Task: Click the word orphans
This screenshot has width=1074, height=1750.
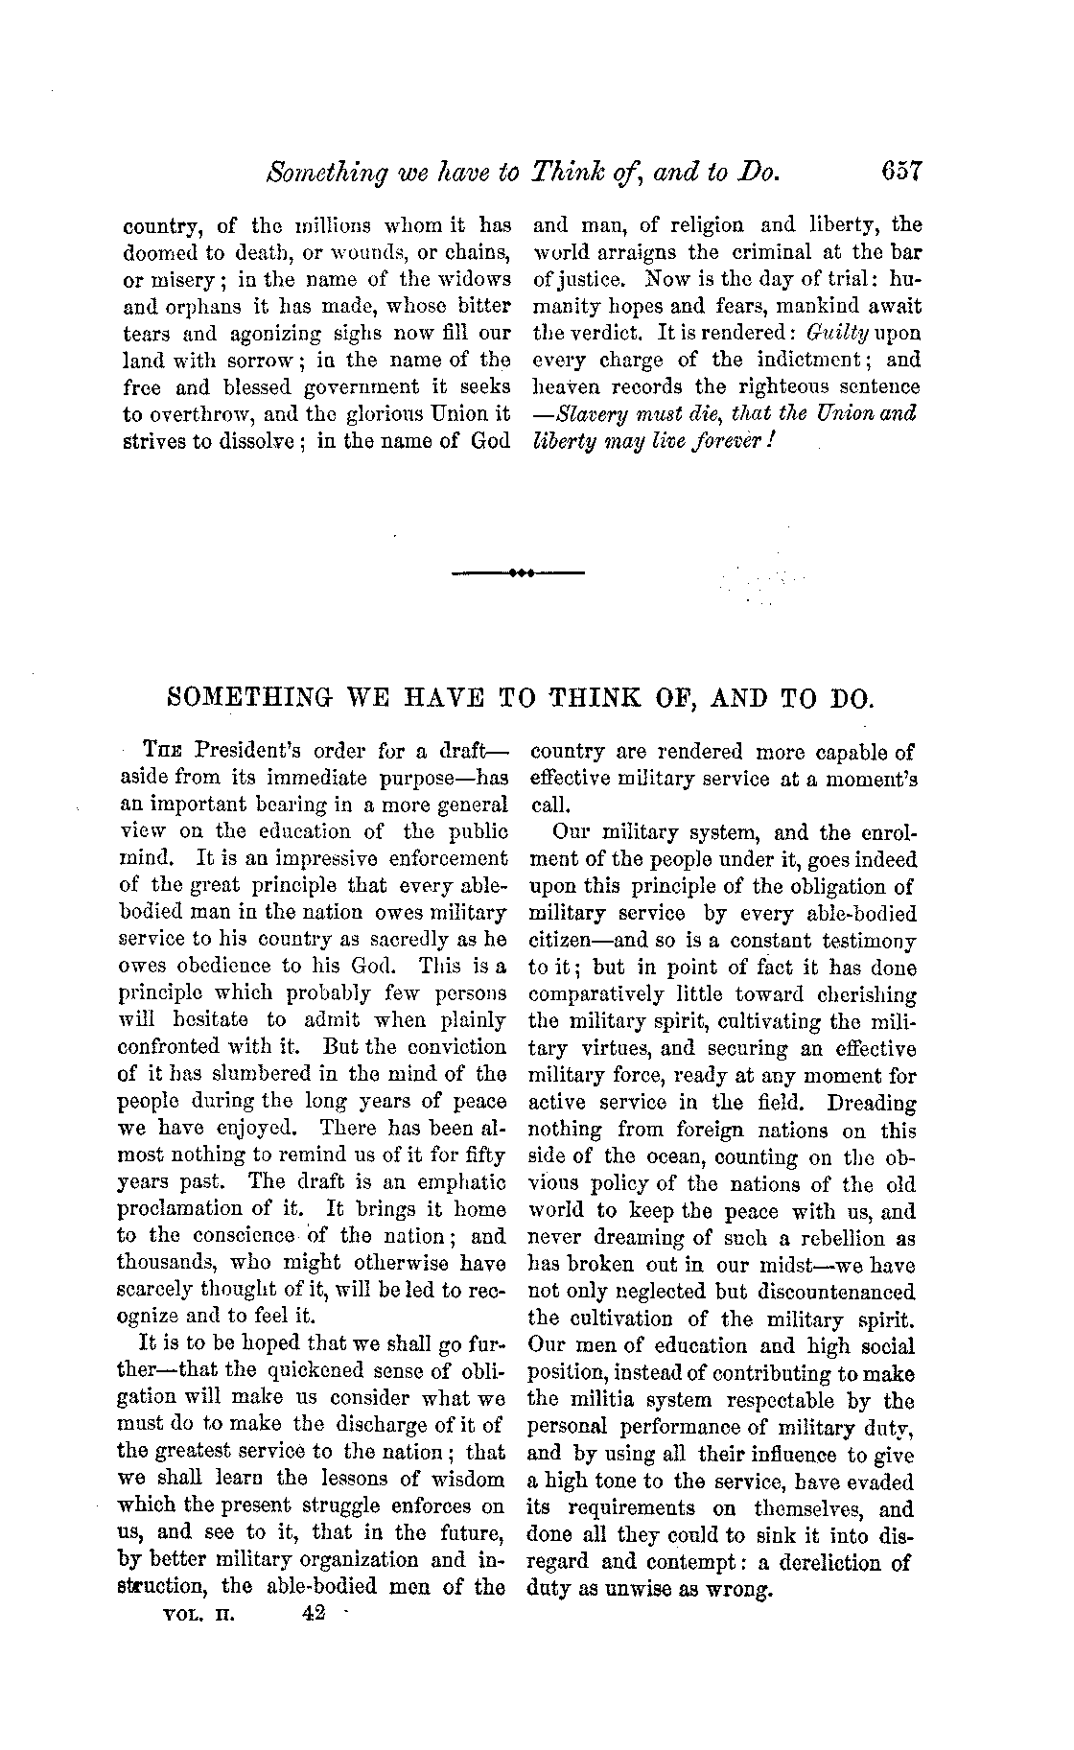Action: tap(199, 306)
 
